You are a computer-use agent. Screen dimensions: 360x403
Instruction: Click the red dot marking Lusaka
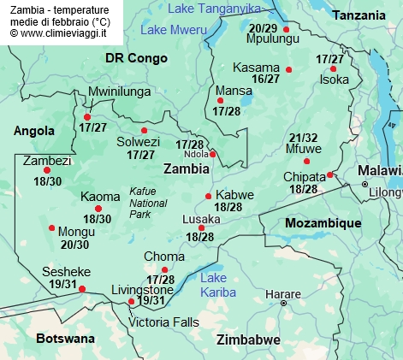(201, 227)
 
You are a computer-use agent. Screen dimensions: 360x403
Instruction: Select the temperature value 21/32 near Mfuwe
(304, 138)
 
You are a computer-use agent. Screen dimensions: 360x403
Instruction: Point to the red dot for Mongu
(52, 227)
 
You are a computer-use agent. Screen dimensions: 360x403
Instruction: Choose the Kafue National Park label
(148, 203)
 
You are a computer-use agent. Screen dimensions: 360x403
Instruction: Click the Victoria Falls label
(163, 322)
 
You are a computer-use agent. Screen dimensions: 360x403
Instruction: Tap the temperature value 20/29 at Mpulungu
(263, 27)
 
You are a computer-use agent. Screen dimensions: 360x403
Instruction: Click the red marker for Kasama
(289, 69)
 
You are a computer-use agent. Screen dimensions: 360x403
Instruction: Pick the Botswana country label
(65, 339)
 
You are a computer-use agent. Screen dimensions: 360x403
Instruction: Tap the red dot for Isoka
(333, 68)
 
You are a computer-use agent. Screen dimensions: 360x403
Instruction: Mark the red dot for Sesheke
(82, 289)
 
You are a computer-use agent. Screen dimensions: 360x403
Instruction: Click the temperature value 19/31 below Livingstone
(151, 300)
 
